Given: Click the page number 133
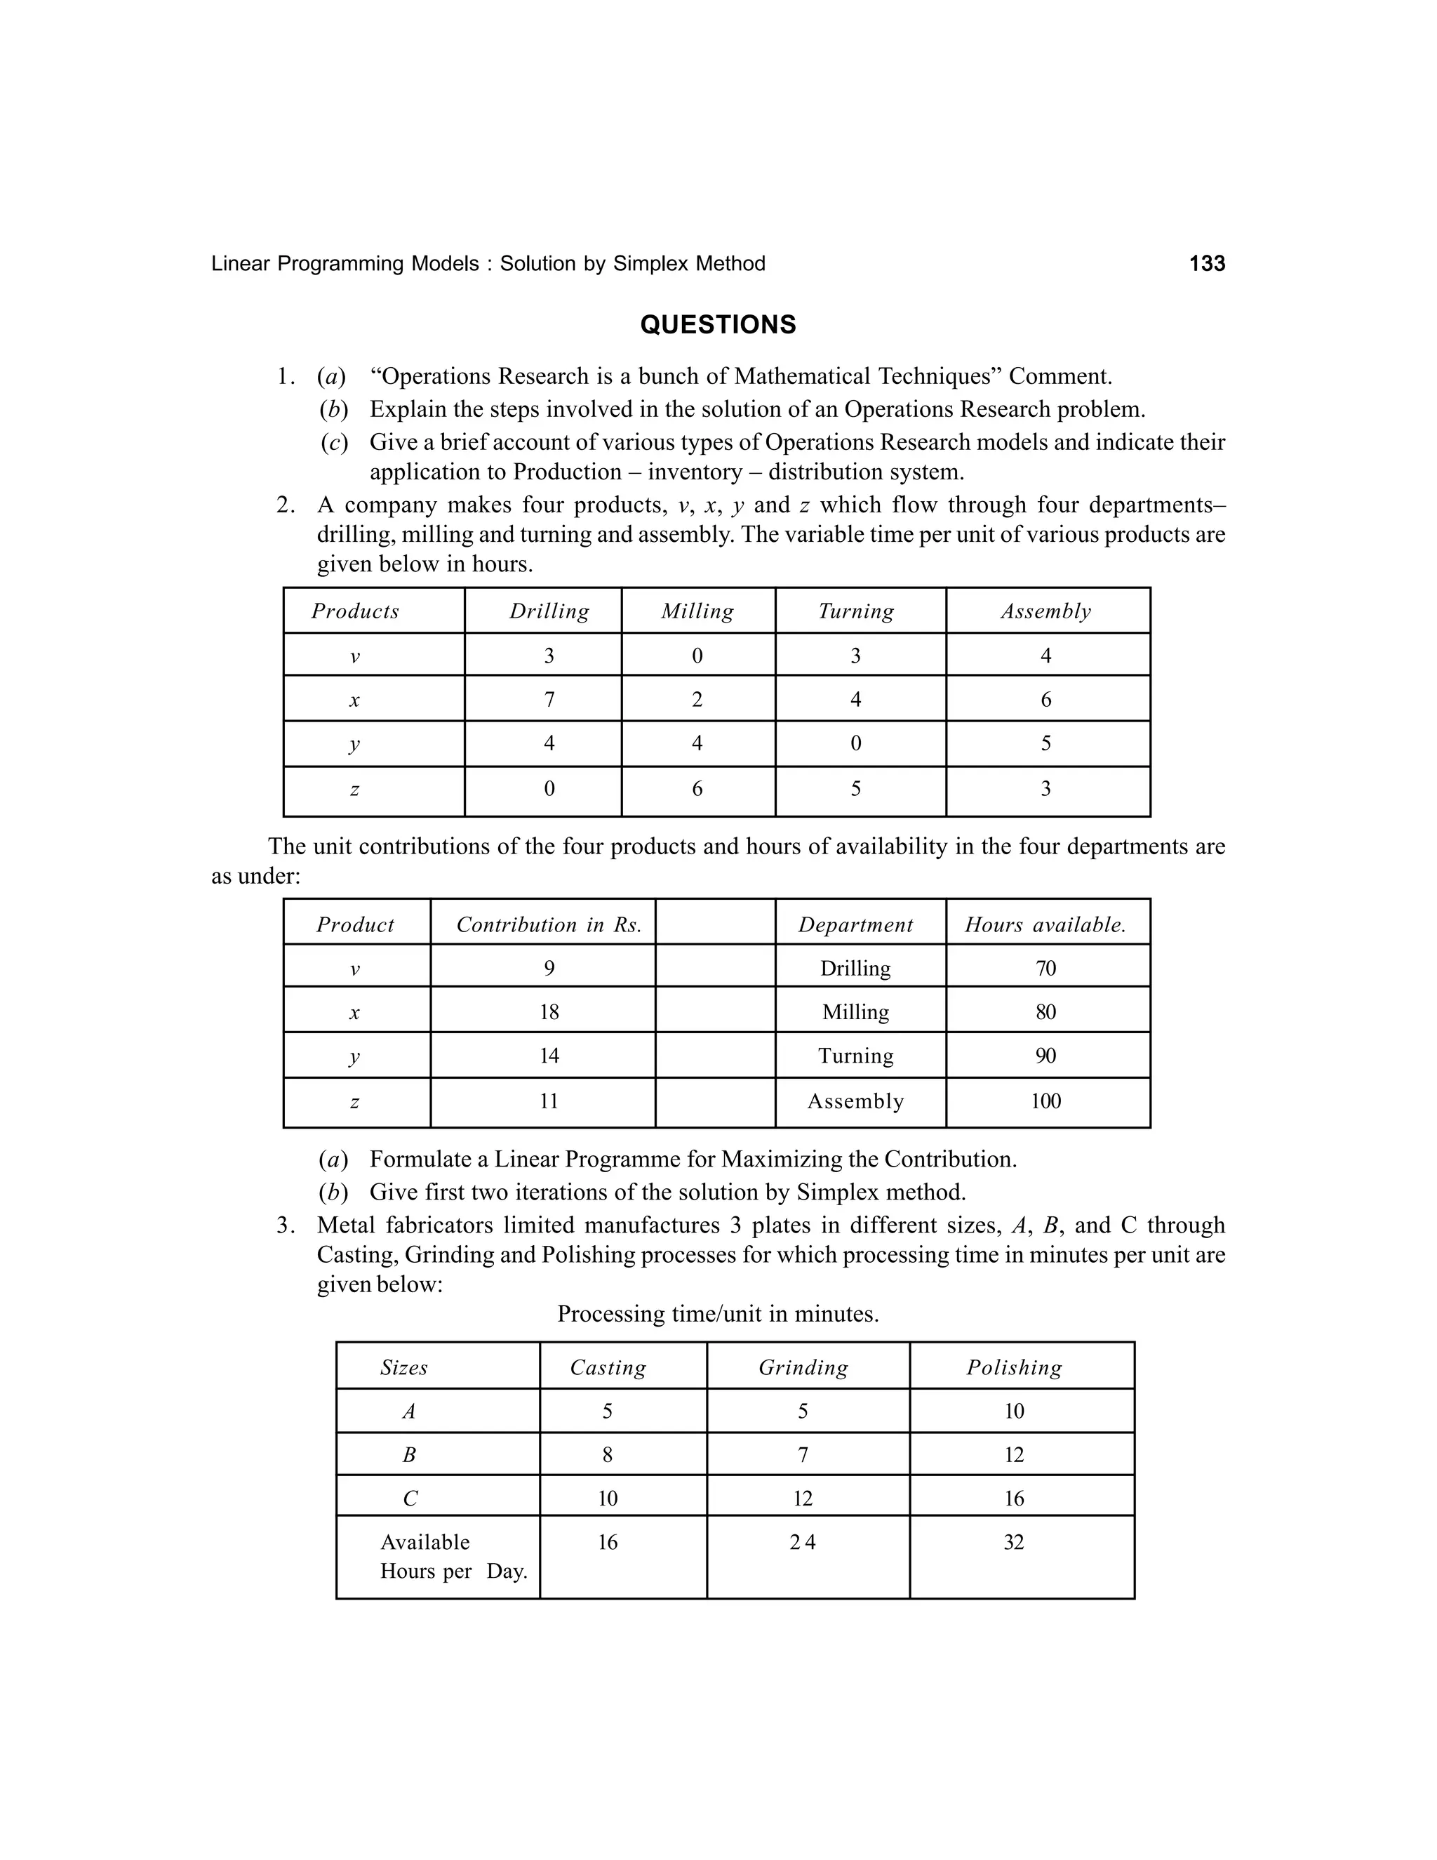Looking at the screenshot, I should coord(1206,264).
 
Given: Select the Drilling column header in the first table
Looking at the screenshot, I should coord(549,611).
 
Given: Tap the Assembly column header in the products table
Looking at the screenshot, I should coord(1045,611).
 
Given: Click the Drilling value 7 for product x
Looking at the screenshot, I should coord(549,700).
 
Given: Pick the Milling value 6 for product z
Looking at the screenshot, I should coord(697,789).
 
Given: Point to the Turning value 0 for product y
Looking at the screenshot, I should coord(855,743).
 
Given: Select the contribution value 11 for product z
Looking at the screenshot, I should coord(549,1101).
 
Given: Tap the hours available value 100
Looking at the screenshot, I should coord(1045,1101).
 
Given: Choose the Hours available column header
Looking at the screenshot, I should coord(1045,925).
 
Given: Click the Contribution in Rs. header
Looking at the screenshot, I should coord(549,925).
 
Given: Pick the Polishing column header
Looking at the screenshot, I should coord(1014,1368).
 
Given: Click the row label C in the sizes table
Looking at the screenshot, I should coord(410,1499).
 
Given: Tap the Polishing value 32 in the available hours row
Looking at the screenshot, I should coord(1014,1542).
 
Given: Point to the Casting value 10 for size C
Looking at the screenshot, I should coord(608,1499).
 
